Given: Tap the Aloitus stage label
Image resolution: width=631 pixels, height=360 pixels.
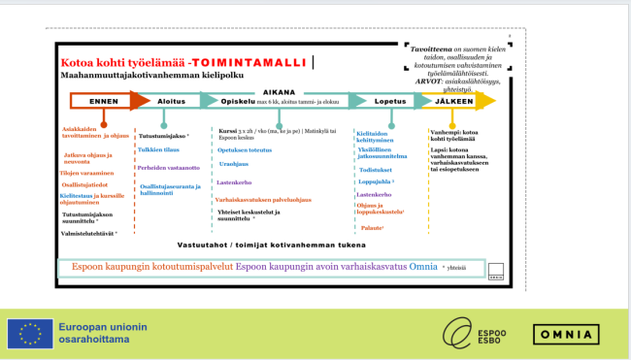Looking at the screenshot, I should pyautogui.click(x=171, y=100).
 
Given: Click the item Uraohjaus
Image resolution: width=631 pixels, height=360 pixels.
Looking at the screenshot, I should pyautogui.click(x=233, y=164).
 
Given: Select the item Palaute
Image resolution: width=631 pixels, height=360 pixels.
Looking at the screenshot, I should pyautogui.click(x=370, y=227).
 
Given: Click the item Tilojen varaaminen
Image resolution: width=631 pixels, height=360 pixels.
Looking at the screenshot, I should pyautogui.click(x=88, y=172).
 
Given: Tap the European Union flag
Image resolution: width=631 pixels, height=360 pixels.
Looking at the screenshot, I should pyautogui.click(x=30, y=334).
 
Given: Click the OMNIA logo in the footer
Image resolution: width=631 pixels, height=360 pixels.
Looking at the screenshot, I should pyautogui.click(x=565, y=335).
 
